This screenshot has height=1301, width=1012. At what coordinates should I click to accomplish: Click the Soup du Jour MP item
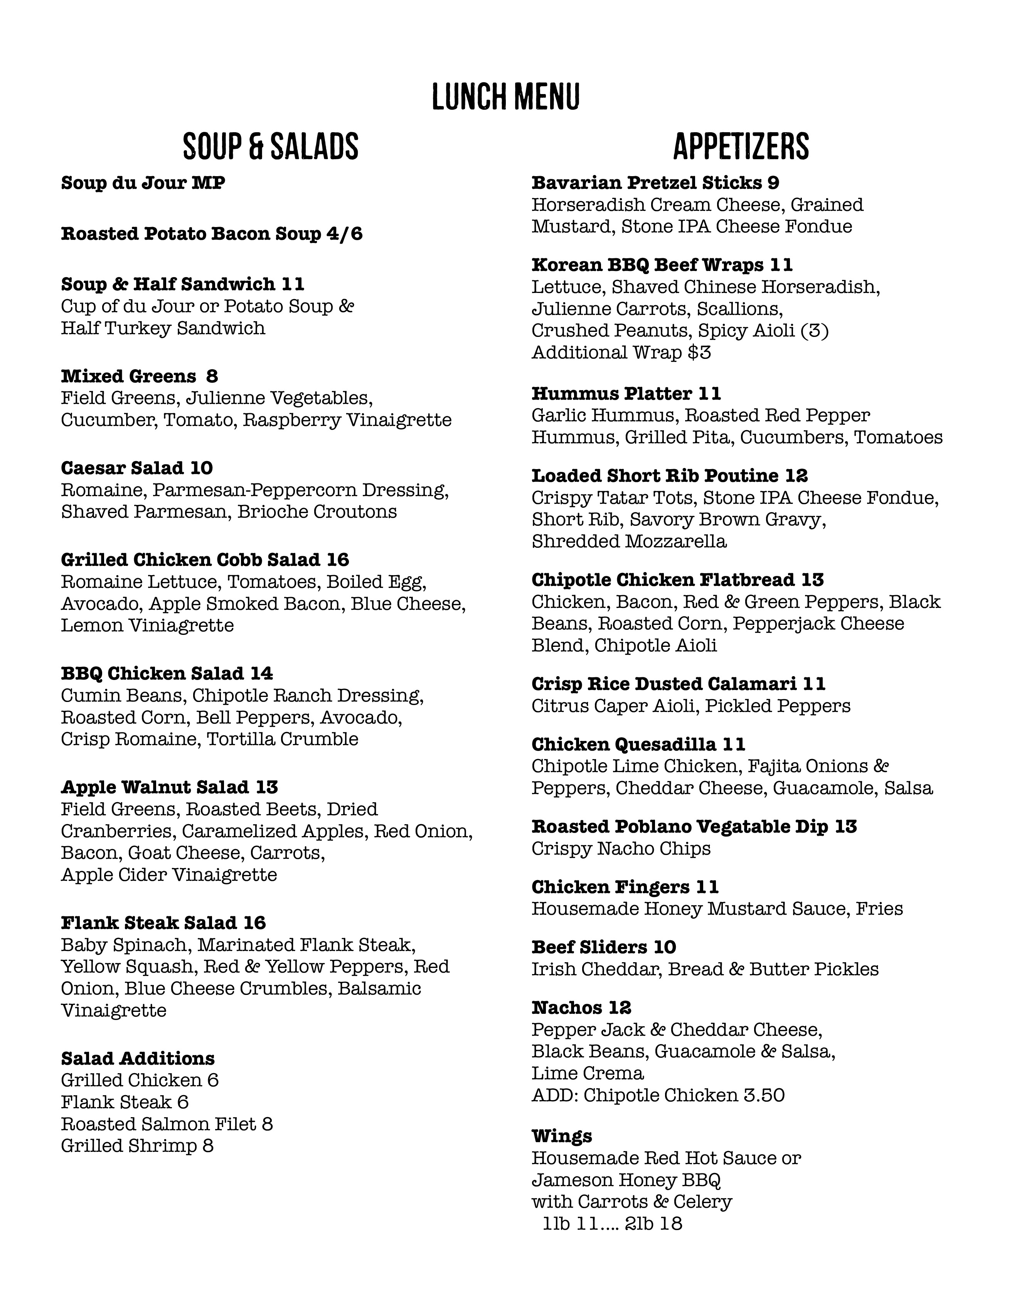143,183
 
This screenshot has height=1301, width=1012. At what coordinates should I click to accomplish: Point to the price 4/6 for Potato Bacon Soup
344,234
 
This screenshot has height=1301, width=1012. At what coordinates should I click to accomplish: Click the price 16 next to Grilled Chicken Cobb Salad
338,560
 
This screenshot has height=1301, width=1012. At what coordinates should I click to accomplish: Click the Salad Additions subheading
138,1059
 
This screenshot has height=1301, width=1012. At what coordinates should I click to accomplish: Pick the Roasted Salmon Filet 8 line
167,1124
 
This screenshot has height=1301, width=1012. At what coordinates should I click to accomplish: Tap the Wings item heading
562,1136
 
